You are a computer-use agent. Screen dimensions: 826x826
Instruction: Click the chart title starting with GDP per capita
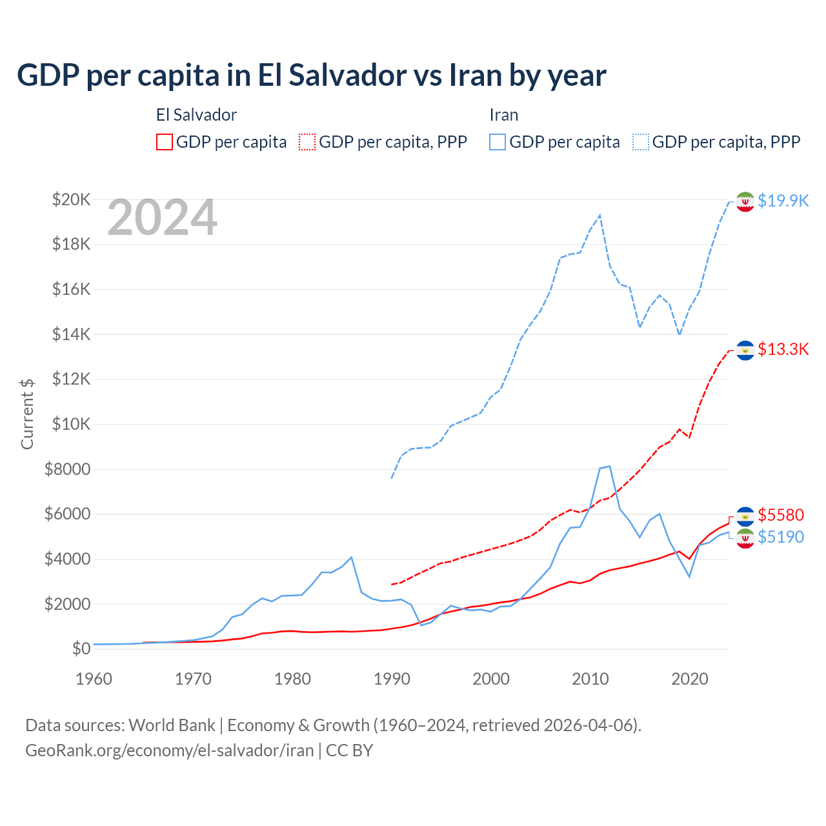[311, 76]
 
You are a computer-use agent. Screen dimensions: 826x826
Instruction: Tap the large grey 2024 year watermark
[162, 218]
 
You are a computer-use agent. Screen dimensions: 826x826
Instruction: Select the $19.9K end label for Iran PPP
[783, 201]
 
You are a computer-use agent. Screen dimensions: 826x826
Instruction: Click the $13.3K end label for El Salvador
[783, 349]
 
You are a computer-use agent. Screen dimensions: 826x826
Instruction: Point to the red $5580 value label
[781, 515]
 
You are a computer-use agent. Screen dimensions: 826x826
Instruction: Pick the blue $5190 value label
[781, 537]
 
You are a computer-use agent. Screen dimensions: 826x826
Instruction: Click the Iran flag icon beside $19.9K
[745, 201]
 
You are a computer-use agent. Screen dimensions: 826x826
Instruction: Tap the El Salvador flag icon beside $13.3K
[745, 350]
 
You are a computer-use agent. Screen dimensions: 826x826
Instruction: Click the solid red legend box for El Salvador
[165, 142]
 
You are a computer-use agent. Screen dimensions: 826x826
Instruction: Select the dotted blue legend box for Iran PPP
[641, 142]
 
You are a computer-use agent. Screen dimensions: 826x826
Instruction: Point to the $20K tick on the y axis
[71, 199]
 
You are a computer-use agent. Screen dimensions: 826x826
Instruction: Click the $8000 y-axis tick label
[67, 469]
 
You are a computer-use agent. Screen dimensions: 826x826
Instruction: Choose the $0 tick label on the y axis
[81, 649]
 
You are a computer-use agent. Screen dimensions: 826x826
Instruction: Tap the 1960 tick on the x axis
[94, 679]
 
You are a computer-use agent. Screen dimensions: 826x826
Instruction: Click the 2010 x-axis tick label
[590, 679]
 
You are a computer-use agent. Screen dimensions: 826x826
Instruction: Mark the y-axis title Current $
[27, 414]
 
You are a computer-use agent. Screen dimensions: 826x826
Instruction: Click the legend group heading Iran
[503, 115]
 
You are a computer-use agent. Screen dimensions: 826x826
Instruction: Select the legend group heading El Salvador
[196, 115]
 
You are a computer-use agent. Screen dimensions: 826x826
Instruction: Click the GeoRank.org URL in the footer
[169, 750]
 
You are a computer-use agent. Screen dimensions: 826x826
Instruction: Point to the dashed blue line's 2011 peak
[600, 216]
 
